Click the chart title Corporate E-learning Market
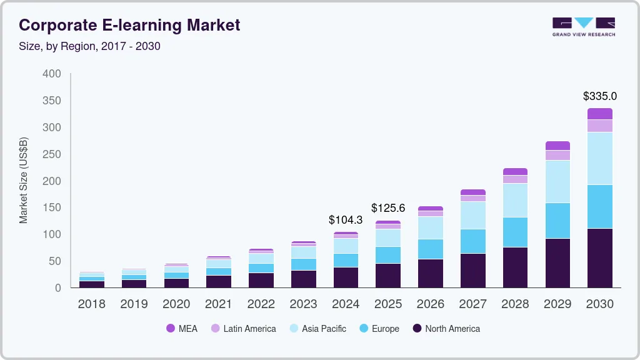[129, 26]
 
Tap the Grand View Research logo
[583, 27]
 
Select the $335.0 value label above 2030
[599, 96]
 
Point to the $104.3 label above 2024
[346, 220]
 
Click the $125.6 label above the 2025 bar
[388, 207]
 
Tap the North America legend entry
[446, 329]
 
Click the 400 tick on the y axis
[52, 74]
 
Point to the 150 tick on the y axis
[52, 207]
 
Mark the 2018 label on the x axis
[91, 304]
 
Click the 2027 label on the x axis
[472, 304]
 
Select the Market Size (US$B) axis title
[24, 181]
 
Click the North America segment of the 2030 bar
[599, 257]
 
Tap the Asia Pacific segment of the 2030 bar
[599, 158]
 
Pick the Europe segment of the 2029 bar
[557, 221]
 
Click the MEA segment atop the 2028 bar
[515, 171]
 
